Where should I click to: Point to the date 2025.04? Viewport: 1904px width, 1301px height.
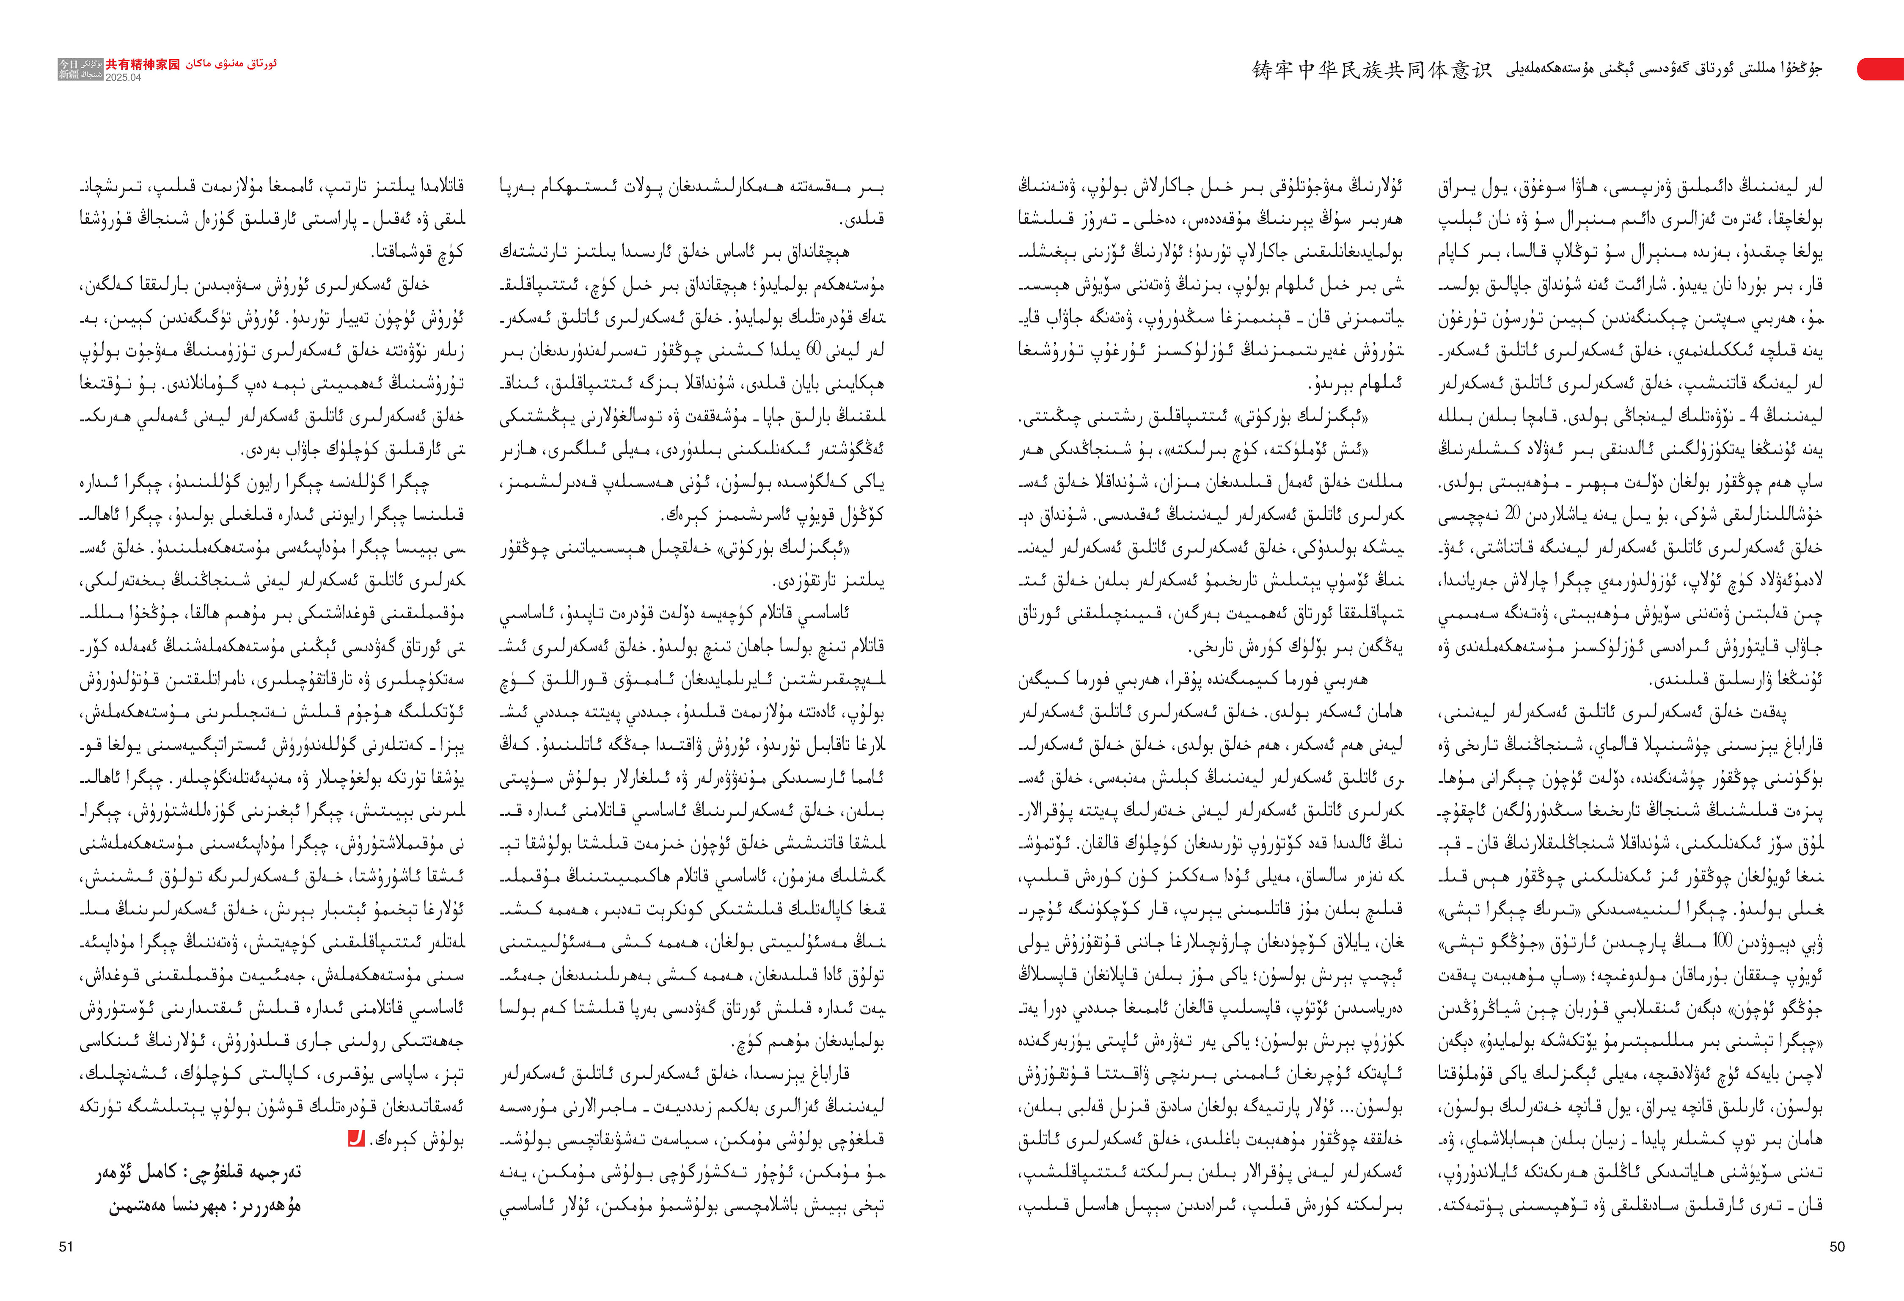pos(123,78)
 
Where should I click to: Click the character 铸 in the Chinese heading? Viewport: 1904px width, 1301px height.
pos(1262,70)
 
